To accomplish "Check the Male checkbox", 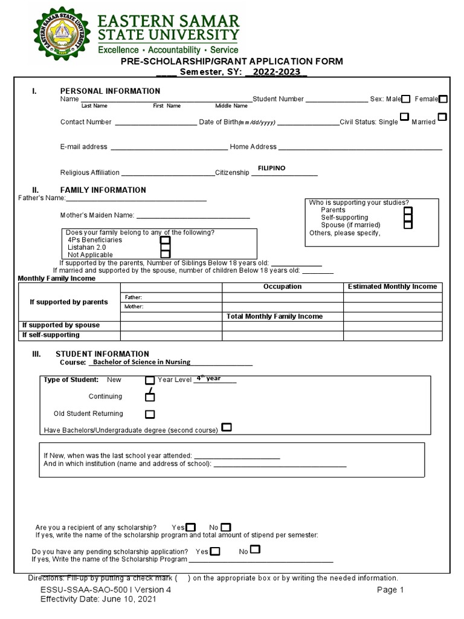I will click(406, 99).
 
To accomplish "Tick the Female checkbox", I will click(443, 99).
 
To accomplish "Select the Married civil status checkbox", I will click(442, 117).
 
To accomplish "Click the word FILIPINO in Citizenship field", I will click(271, 168).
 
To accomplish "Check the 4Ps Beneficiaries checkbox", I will click(165, 240).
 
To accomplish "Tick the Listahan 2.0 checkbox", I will click(165, 248).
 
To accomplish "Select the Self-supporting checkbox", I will click(408, 217).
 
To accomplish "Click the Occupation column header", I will click(282, 287).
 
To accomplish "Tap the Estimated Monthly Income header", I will click(392, 287).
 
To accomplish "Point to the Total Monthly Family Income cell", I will click(274, 316).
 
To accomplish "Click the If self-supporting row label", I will click(51, 335).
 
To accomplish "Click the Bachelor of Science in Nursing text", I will click(140, 362).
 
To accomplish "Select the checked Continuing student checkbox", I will click(150, 397).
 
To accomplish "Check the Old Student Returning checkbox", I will click(150, 414).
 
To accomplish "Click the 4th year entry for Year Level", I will click(208, 378).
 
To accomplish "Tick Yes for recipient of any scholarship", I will click(191, 527).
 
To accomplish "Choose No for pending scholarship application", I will click(256, 549).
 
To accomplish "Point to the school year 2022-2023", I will click(276, 72).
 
